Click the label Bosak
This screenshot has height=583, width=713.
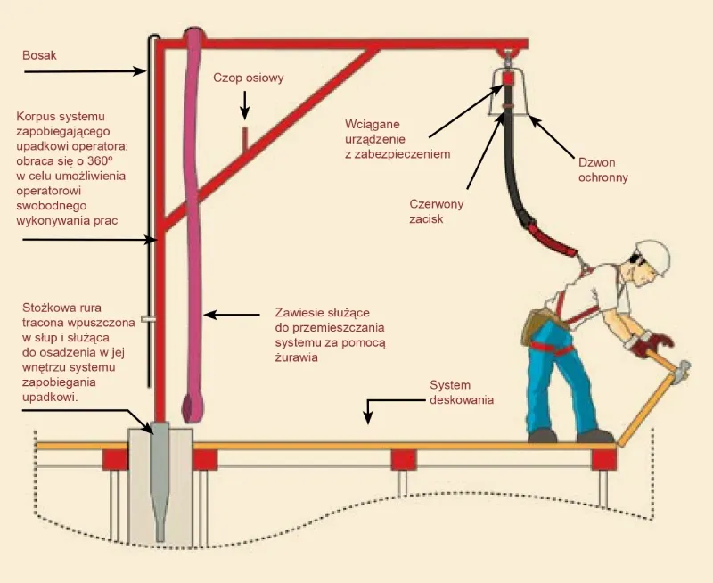tap(40, 55)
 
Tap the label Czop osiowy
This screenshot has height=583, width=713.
tap(248, 78)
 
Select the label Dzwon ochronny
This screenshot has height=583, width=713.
tap(602, 169)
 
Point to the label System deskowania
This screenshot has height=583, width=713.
tap(463, 392)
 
